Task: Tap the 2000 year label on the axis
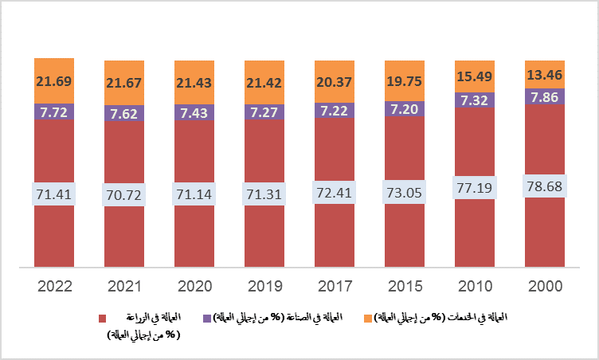[545, 286]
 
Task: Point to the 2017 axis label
[335, 286]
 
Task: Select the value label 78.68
[545, 186]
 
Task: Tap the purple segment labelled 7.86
[545, 96]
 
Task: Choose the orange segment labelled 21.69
[54, 80]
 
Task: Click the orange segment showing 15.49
[475, 76]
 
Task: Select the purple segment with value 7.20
[405, 108]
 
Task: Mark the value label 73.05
[405, 192]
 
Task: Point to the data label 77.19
[475, 188]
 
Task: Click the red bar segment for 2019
[264, 231]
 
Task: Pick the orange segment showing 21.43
[194, 81]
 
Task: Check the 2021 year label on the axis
[124, 286]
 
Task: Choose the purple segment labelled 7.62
[124, 112]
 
